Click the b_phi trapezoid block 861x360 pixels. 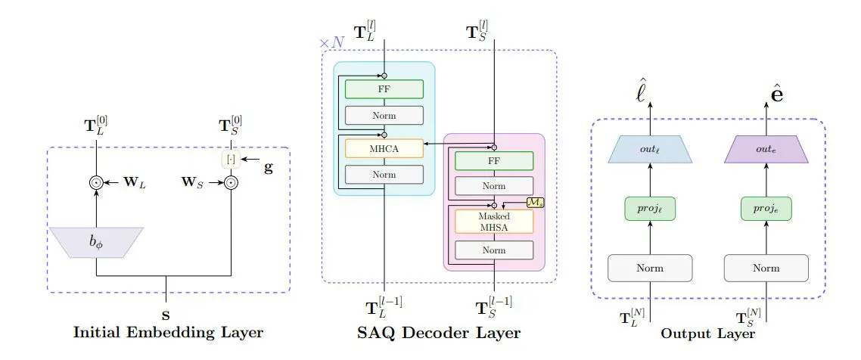97,242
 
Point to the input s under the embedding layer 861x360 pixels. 166,312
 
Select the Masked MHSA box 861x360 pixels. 494,221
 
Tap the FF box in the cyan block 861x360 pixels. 384,88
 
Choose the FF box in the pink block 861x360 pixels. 494,161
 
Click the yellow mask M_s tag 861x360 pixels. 535,203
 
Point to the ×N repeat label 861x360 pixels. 331,43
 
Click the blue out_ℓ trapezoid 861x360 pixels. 650,150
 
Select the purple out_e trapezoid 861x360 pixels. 766,150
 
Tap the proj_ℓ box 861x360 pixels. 650,209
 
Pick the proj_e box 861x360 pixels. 766,209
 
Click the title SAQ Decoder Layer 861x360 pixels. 438,333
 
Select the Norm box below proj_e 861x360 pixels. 766,268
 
